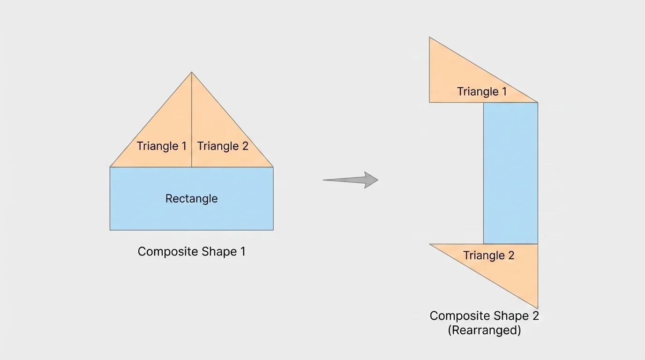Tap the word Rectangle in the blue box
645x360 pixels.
(191, 198)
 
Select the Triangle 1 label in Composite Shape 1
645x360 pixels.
(162, 146)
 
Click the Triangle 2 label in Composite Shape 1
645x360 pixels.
(223, 146)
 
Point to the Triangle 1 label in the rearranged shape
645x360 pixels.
(482, 91)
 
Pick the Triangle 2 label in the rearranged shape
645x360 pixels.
(489, 255)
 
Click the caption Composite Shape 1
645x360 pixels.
(191, 252)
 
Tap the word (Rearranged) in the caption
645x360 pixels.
(484, 330)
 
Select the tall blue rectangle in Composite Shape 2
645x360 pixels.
(510, 173)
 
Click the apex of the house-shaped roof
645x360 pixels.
(192, 72)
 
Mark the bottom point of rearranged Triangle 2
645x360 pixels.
(538, 308)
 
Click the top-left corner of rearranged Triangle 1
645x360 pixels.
(429, 37)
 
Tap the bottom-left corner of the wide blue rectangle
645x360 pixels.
(110, 230)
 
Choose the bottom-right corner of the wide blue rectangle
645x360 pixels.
(273, 230)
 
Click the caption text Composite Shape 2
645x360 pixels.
(484, 316)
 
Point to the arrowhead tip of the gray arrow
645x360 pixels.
(378, 180)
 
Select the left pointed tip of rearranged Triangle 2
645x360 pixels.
(430, 244)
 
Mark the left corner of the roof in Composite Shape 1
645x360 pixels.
(110, 167)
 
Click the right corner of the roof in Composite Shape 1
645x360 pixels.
(273, 167)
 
